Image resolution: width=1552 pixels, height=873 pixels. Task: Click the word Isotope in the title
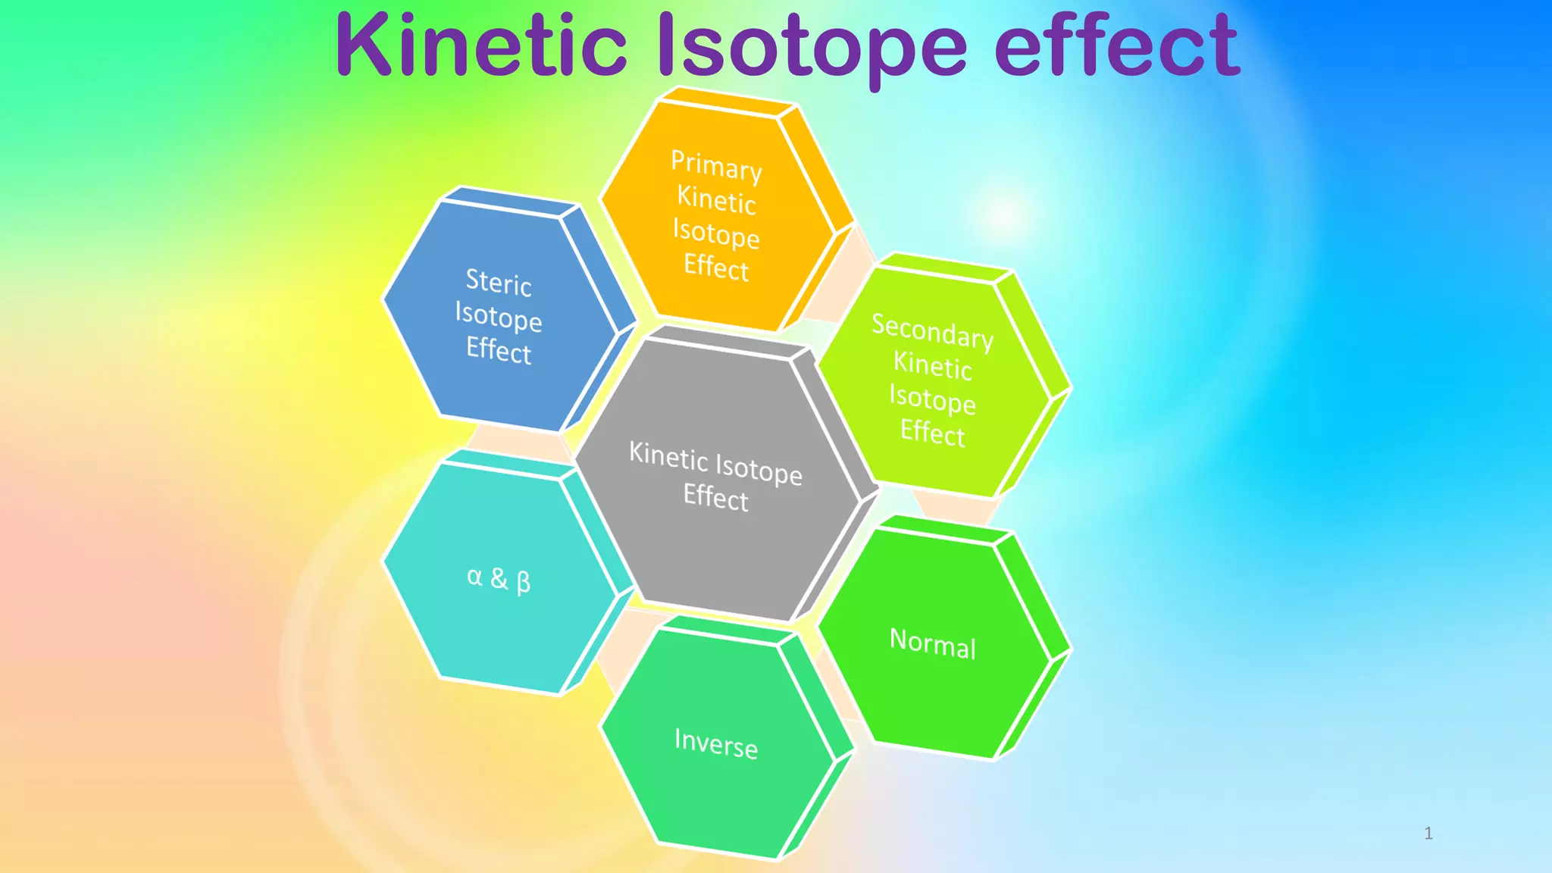point(811,47)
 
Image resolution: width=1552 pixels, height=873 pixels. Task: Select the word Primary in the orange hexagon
point(716,165)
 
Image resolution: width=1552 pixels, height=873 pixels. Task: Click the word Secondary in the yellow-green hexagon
point(932,331)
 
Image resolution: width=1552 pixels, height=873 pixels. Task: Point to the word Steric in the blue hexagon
point(498,283)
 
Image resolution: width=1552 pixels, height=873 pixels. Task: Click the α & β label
point(499,579)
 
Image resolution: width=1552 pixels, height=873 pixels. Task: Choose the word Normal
point(932,643)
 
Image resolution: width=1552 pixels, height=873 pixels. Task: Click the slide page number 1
point(1428,834)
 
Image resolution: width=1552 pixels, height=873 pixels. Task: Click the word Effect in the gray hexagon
point(715,498)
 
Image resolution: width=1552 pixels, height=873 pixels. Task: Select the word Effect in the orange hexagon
point(716,267)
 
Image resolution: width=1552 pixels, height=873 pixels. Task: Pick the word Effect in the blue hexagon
point(498,350)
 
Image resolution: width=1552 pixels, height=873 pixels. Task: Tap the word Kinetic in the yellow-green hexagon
point(932,366)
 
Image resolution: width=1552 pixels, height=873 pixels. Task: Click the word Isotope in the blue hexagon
point(498,317)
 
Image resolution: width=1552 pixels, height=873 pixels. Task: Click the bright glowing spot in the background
point(1004,214)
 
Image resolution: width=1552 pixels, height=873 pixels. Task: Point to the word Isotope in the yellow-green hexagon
point(932,399)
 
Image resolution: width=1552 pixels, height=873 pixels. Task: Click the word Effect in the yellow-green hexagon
point(932,433)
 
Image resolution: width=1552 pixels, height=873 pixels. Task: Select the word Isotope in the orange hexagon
point(716,233)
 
